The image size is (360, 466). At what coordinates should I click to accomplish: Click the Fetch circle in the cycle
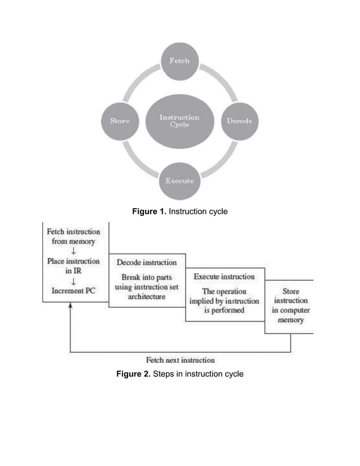pyautogui.click(x=179, y=61)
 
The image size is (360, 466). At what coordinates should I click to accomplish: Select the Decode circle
pyautogui.click(x=239, y=121)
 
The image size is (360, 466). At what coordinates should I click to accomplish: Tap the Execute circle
pyautogui.click(x=179, y=181)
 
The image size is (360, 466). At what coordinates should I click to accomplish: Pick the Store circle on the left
pyautogui.click(x=119, y=121)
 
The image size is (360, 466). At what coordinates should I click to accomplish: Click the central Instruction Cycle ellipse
pyautogui.click(x=179, y=121)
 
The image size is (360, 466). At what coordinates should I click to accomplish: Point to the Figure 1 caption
pyautogui.click(x=179, y=212)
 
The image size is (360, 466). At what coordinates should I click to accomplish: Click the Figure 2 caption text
pyautogui.click(x=179, y=373)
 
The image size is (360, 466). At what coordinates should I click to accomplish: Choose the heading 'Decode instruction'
pyautogui.click(x=147, y=263)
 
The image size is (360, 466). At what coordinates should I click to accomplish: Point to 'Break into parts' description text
pyautogui.click(x=147, y=287)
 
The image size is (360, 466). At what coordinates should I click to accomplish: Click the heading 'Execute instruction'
pyautogui.click(x=224, y=277)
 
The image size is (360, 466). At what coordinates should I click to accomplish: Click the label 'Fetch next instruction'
pyautogui.click(x=181, y=360)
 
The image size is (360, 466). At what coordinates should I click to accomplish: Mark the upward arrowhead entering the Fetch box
pyautogui.click(x=70, y=306)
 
